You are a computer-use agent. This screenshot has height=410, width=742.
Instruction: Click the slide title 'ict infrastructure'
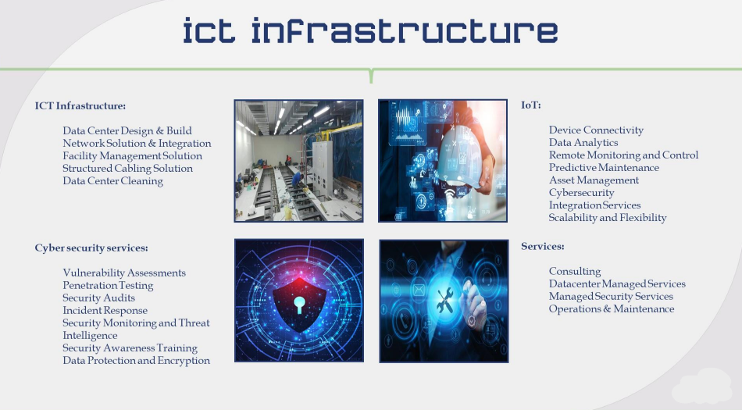click(370, 30)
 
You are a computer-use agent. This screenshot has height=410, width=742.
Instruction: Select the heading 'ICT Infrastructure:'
click(80, 105)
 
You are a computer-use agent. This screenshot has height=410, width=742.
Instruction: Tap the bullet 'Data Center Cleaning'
click(112, 180)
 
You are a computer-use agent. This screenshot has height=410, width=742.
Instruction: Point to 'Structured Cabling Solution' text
click(128, 169)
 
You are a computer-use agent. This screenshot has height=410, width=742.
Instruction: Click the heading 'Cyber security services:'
click(91, 248)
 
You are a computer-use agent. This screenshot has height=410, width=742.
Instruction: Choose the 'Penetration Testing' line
click(108, 285)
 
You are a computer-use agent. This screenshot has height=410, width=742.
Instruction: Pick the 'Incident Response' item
click(105, 310)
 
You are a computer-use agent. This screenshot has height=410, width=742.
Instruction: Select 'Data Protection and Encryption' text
click(136, 360)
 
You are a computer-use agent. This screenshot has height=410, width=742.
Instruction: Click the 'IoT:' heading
click(531, 105)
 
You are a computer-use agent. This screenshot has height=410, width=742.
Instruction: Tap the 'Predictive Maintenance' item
click(604, 167)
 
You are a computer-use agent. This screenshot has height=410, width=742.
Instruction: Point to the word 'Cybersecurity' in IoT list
click(582, 192)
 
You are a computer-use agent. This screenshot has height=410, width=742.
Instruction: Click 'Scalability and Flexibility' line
click(608, 218)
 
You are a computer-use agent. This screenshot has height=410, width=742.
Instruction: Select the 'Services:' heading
click(543, 246)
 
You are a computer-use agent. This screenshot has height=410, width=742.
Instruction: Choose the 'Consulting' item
click(575, 271)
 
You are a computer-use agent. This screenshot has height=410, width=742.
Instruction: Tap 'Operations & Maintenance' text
click(612, 308)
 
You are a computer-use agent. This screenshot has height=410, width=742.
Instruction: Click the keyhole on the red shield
click(299, 304)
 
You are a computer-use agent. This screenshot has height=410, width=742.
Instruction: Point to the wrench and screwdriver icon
click(445, 301)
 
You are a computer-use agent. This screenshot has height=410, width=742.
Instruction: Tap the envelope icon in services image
click(419, 290)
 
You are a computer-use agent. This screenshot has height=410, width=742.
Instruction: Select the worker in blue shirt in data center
click(297, 180)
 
